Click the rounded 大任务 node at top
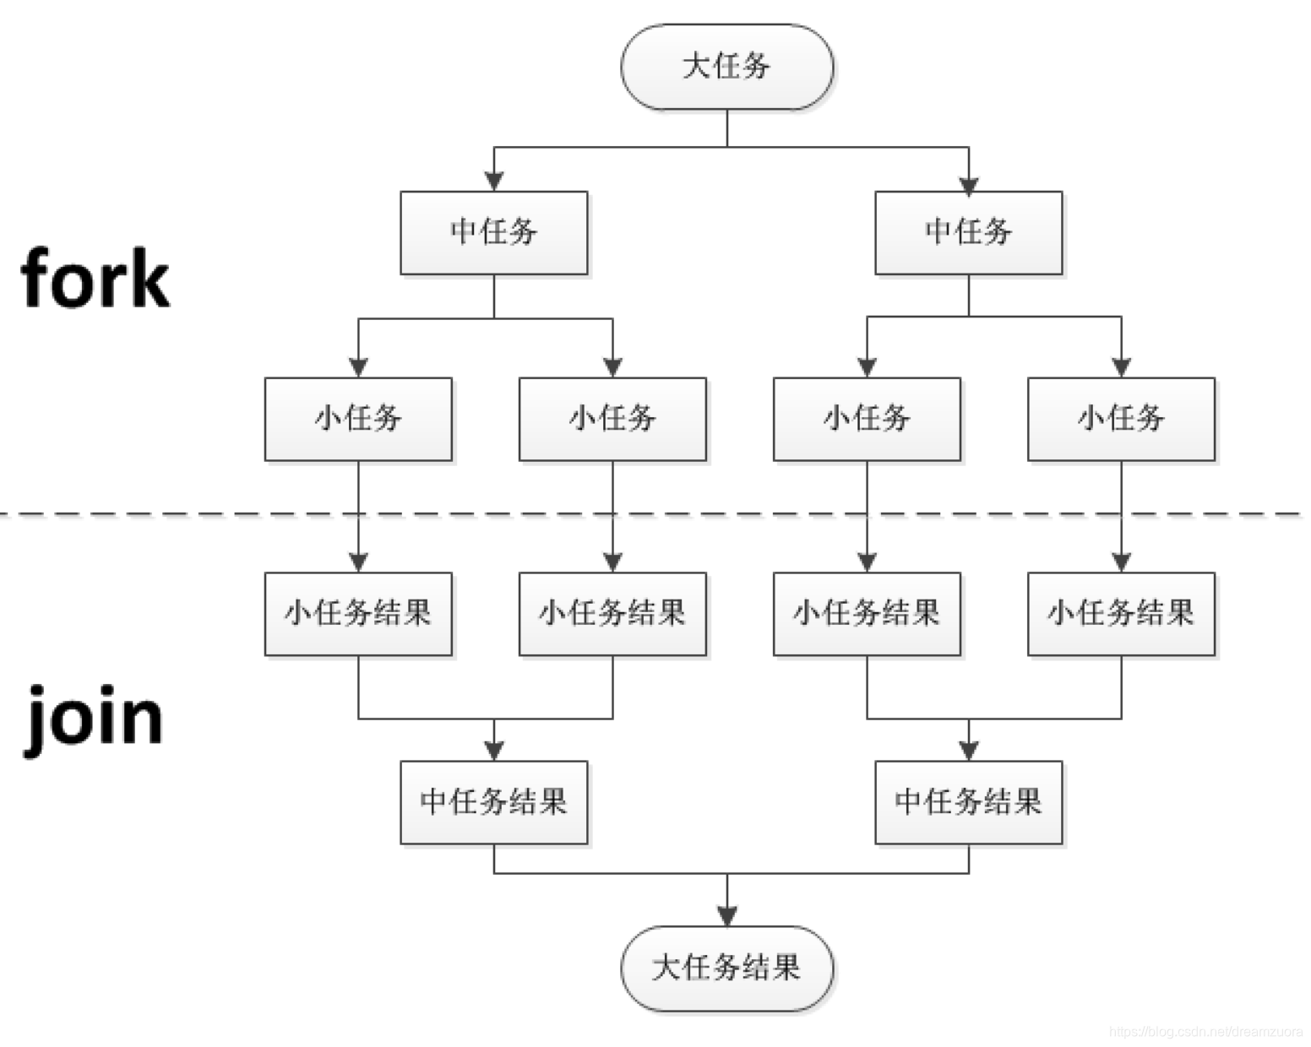[x=726, y=67]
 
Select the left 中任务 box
[x=493, y=232]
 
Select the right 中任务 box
[x=968, y=232]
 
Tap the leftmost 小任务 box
[x=358, y=419]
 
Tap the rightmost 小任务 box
[x=1121, y=419]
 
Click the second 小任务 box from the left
[x=612, y=419]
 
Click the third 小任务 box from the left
[x=867, y=419]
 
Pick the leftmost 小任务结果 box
[x=358, y=614]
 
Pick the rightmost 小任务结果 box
[x=1121, y=614]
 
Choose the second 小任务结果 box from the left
[x=612, y=614]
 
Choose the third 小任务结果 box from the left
[x=867, y=614]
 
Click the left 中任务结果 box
[x=493, y=802]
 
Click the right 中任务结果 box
[x=968, y=802]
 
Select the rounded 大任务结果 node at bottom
[x=726, y=968]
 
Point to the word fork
[x=95, y=279]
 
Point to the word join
[x=93, y=718]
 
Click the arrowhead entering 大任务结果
[x=727, y=915]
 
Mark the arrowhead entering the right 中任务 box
[x=969, y=185]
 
